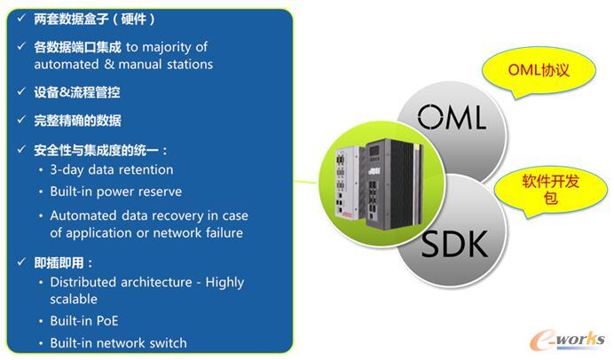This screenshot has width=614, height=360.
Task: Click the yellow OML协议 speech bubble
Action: click(539, 70)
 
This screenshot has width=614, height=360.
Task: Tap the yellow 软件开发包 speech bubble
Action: click(550, 190)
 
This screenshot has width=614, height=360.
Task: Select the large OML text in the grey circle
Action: click(452, 117)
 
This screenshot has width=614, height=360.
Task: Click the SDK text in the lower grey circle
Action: click(454, 243)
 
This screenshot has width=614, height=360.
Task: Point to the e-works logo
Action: click(568, 339)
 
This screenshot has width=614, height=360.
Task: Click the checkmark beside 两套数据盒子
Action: click(21, 18)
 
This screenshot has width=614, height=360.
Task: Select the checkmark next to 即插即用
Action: click(21, 262)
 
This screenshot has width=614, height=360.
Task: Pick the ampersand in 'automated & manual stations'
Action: click(109, 64)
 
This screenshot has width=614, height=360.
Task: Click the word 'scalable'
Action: click(74, 300)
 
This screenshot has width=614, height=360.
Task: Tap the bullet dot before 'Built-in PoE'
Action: click(41, 322)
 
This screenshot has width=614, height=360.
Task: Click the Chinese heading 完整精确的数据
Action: click(77, 121)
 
